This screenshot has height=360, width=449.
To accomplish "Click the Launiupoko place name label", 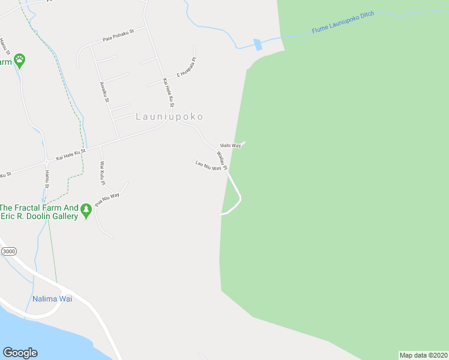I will click(x=169, y=116).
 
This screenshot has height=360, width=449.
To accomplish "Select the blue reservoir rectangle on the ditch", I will click(x=258, y=44).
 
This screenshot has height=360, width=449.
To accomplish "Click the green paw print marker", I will click(x=20, y=60).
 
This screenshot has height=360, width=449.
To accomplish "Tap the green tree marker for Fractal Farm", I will click(x=86, y=211).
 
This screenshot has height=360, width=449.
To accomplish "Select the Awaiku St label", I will click(x=104, y=93).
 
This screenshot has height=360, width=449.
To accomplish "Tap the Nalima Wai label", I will click(x=52, y=299).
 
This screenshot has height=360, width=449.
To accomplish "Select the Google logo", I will click(x=20, y=353).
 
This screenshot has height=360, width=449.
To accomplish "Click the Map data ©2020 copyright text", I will click(x=423, y=355).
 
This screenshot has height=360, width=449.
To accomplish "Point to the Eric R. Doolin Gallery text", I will click(x=40, y=217).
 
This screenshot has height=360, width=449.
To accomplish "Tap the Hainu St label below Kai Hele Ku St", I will click(x=46, y=178).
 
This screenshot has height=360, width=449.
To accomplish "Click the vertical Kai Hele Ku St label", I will click(x=168, y=93).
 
